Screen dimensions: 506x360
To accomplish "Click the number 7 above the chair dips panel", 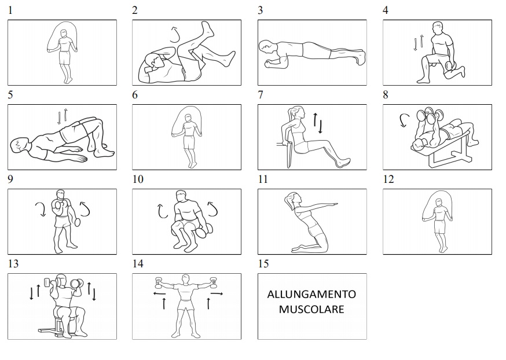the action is (x=261, y=95).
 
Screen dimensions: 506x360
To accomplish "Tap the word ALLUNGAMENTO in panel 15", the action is (x=311, y=294).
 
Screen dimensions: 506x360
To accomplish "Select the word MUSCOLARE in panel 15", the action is (x=311, y=309).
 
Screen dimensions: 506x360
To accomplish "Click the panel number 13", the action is (x=13, y=264).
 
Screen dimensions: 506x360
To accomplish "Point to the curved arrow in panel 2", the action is (x=175, y=35).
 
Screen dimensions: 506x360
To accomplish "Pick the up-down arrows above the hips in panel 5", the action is (x=63, y=116).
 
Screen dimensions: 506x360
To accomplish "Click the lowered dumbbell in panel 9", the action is (x=78, y=223).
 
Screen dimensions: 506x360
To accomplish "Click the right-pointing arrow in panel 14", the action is (x=217, y=293).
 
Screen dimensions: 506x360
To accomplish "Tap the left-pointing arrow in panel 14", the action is (x=159, y=293).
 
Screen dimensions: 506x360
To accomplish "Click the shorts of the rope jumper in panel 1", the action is (x=65, y=57).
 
